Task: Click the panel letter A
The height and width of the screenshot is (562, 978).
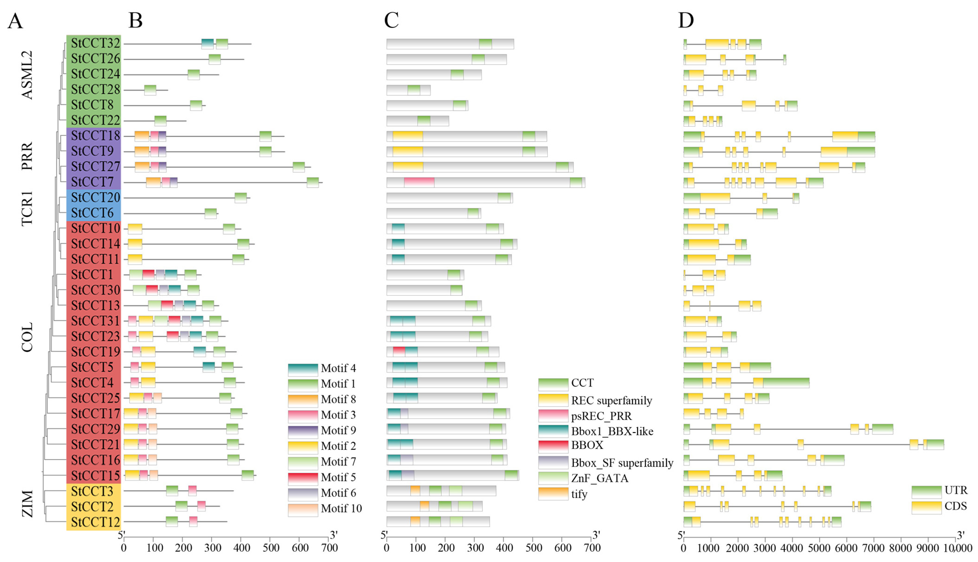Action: point(15,21)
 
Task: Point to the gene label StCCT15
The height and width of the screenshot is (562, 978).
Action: point(96,476)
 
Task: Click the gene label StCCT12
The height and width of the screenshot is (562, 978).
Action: point(96,522)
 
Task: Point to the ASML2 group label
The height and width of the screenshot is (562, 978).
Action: point(27,75)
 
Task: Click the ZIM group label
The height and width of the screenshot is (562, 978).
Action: point(27,504)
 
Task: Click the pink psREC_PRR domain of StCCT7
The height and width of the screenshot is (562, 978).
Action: point(419,183)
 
